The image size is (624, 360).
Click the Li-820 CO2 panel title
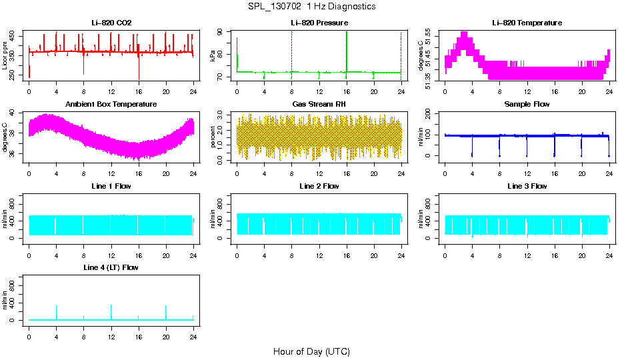111,23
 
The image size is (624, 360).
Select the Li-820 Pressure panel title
319,23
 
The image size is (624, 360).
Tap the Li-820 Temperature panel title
527,23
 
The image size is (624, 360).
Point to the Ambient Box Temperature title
111,105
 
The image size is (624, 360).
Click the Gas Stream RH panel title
319,105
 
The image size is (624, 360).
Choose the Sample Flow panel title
527,105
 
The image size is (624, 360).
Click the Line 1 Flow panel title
111,186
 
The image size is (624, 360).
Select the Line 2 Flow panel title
319,186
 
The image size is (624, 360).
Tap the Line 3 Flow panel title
527,186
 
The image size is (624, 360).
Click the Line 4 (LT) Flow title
111,267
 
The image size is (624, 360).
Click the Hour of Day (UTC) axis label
311,351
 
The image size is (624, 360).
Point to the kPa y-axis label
213,56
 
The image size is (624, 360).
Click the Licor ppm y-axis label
5,56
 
